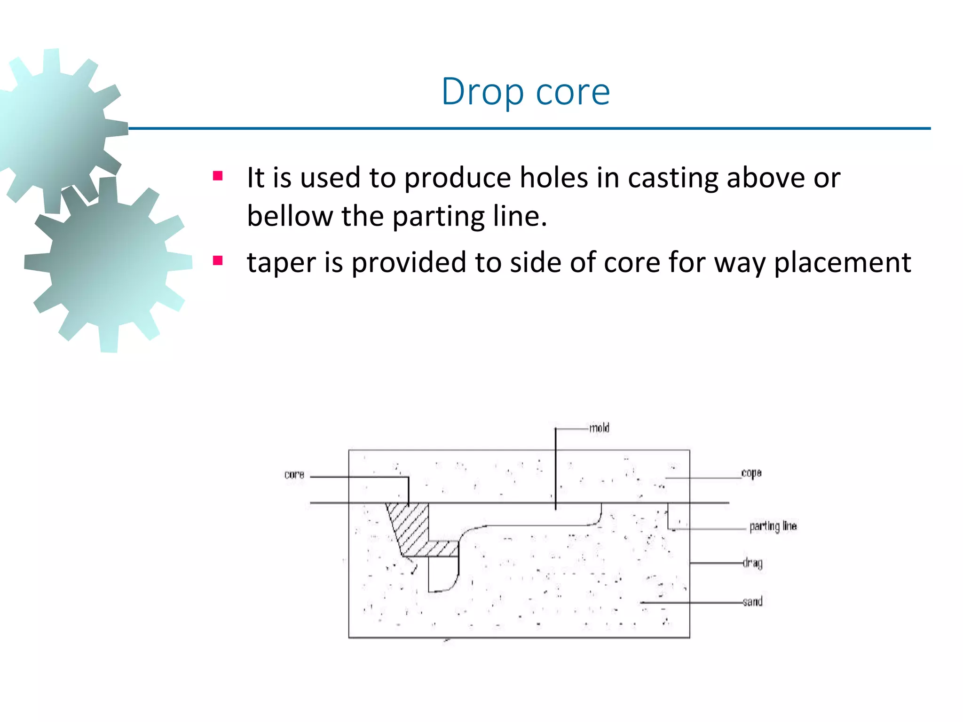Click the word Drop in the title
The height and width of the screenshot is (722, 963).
tap(482, 92)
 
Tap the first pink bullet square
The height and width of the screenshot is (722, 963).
tap(217, 176)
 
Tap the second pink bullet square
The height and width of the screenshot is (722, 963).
tap(217, 260)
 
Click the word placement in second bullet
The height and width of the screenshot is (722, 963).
tap(842, 262)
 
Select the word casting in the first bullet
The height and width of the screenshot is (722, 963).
tap(673, 179)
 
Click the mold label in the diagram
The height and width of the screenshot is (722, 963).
tap(599, 428)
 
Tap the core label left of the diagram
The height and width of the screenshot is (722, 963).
tap(294, 475)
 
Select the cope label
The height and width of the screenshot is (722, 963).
tap(751, 473)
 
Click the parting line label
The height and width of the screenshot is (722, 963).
tap(773, 526)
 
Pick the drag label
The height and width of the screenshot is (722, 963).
tap(752, 563)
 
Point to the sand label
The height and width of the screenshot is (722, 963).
tap(752, 601)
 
